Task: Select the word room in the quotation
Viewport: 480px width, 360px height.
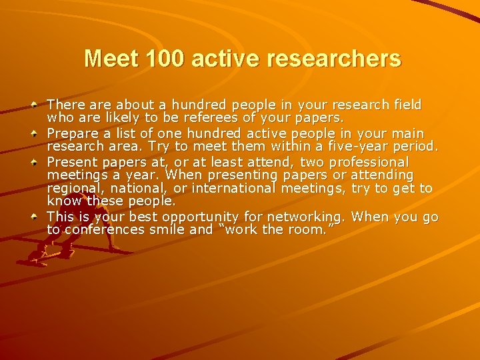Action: tap(316, 229)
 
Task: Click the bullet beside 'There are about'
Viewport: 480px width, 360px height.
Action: tap(34, 105)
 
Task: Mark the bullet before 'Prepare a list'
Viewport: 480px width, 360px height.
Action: tap(34, 133)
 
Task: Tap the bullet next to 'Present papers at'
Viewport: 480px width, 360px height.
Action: tap(34, 162)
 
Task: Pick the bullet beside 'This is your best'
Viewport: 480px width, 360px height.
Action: tap(34, 217)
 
